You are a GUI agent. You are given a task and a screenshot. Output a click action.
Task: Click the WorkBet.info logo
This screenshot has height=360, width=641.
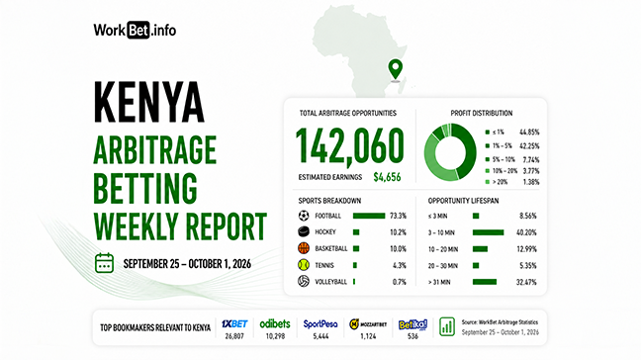135,30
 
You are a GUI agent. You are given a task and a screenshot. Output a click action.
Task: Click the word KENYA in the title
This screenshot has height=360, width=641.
148,102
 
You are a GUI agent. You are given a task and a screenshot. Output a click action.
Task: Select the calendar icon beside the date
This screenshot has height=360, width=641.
104,263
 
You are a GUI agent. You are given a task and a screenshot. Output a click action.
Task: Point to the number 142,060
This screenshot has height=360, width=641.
349,146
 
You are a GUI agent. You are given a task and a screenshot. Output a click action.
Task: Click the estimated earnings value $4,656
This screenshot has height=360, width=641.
387,177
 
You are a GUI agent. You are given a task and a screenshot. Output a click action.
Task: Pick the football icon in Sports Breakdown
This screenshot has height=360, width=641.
304,216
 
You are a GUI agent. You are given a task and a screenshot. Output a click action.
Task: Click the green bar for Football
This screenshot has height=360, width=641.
369,216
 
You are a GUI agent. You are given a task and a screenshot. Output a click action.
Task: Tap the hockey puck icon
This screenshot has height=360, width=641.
304,231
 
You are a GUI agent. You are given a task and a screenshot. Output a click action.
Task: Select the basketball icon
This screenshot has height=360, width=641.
304,248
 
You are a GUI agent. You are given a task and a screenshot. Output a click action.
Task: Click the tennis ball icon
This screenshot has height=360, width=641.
304,265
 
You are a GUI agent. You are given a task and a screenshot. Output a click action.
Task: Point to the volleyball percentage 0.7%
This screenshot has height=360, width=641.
399,282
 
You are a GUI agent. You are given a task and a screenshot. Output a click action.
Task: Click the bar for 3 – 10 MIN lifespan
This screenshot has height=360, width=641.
488,232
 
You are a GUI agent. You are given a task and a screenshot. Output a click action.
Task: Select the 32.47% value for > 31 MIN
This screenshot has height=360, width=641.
526,282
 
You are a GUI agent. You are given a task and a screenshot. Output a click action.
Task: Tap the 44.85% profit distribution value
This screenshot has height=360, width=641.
529,132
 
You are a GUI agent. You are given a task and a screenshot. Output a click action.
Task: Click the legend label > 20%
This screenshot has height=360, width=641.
500,182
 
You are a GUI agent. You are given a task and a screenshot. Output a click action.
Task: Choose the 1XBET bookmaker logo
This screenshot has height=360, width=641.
234,324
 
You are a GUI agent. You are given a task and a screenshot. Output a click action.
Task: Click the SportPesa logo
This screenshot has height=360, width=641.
320,324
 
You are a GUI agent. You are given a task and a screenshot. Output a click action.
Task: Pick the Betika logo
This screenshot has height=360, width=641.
412,324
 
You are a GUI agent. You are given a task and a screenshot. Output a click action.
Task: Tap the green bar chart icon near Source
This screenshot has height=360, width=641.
447,326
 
